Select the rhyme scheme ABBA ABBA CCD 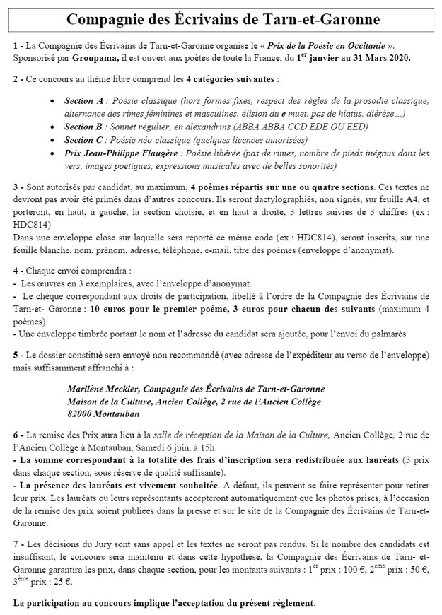click(x=271, y=127)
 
